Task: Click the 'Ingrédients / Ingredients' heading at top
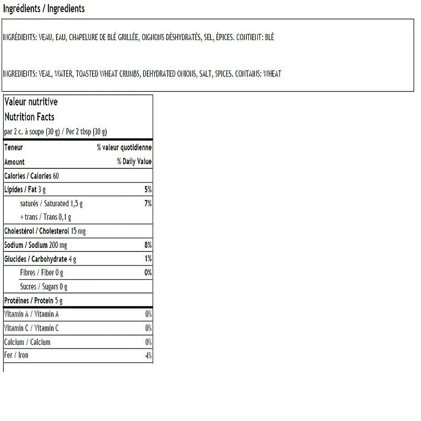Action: point(44,9)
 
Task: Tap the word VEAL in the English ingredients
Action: point(46,74)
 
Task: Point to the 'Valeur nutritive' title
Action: point(31,102)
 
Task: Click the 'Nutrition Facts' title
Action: point(29,117)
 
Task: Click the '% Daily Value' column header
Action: point(134,162)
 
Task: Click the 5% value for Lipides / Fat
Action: point(148,189)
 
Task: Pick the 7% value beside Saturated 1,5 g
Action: point(148,203)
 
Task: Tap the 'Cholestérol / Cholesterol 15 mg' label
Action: point(45,231)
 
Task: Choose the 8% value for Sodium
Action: point(148,245)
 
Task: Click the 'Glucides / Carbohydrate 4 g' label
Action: point(41,259)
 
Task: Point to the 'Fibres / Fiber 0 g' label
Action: point(42,273)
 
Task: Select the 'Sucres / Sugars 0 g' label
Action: point(44,287)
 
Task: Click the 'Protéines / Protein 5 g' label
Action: point(33,300)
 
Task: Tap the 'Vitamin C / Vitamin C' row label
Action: point(32,328)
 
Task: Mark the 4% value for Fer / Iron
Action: point(148,356)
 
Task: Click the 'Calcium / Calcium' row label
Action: point(27,342)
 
